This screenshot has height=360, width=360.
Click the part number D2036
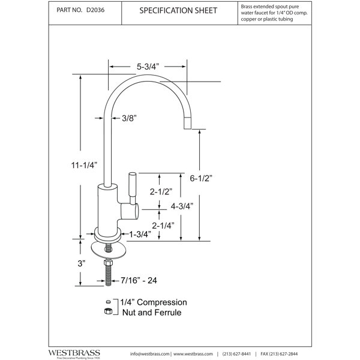(x=95, y=10)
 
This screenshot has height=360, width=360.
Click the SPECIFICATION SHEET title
(x=178, y=11)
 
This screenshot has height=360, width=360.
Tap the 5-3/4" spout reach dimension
(x=148, y=67)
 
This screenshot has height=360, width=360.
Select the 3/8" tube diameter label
(x=129, y=118)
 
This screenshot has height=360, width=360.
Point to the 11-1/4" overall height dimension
(x=84, y=165)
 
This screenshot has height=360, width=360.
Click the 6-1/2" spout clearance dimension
(x=201, y=178)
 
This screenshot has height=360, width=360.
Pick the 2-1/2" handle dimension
(x=161, y=191)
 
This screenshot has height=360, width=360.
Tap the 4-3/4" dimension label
(x=182, y=206)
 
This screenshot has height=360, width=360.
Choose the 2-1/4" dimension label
(x=163, y=226)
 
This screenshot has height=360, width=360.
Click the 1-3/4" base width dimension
(x=140, y=234)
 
